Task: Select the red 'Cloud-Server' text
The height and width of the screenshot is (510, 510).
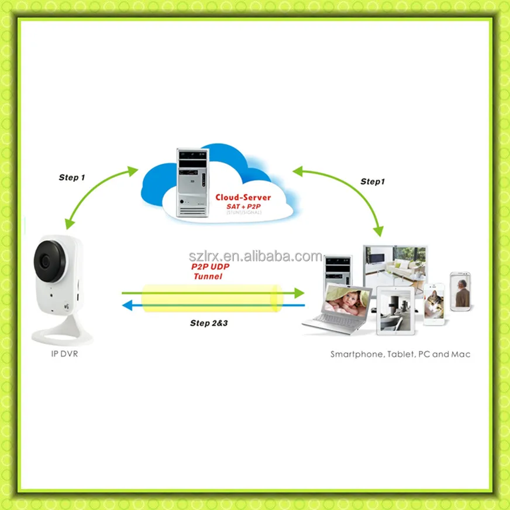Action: click(x=243, y=198)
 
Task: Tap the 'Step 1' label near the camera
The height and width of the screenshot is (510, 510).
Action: click(x=72, y=177)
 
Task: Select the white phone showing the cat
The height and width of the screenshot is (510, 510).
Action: click(x=434, y=304)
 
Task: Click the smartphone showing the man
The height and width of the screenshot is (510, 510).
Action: click(x=461, y=291)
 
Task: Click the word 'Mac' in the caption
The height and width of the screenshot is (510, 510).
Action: click(x=460, y=354)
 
